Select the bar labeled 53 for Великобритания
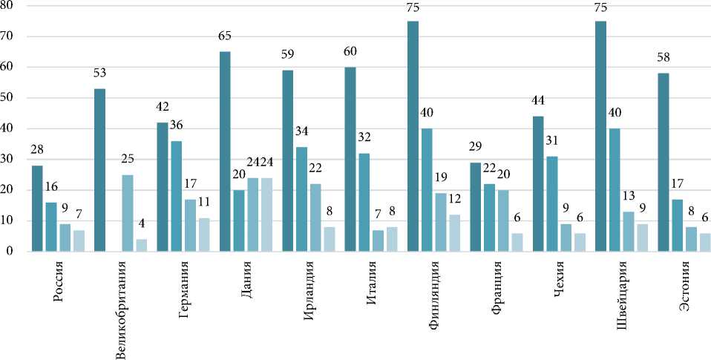click(x=100, y=170)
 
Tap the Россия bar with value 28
click(x=37, y=209)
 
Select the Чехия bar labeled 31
click(x=552, y=204)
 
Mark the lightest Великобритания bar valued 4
click(x=141, y=245)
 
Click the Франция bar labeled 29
click(x=476, y=207)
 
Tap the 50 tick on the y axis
click(x=11, y=98)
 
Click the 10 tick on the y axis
click(x=11, y=220)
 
